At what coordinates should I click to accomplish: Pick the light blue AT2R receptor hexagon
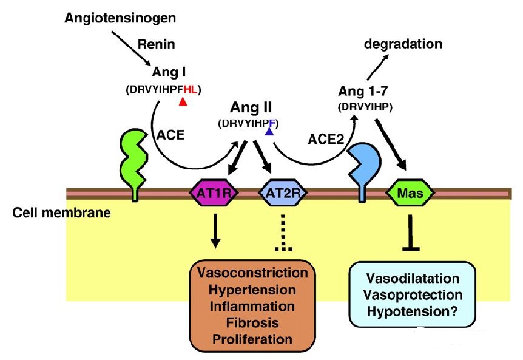tap(283, 194)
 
